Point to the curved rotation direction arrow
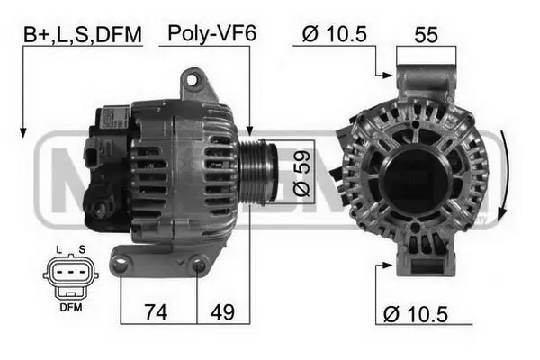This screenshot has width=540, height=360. click(507, 176)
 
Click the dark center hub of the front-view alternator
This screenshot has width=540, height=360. click(415, 175)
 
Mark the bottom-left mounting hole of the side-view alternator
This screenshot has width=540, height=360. click(122, 263)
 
